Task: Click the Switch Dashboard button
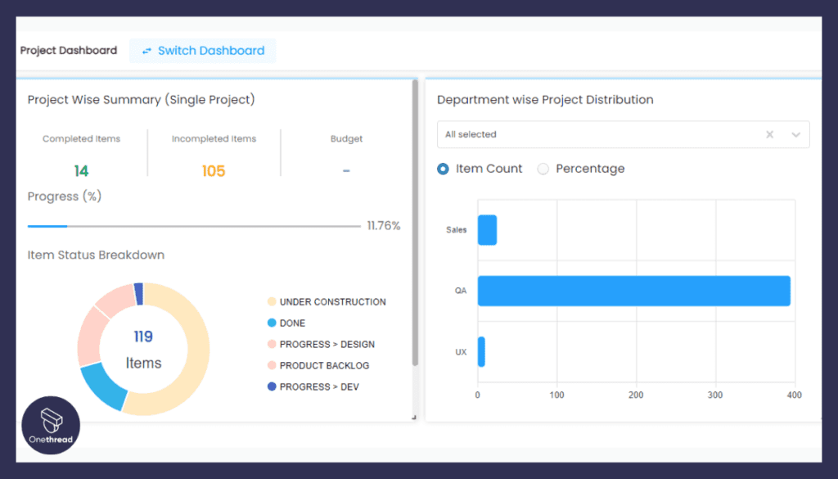pos(203,51)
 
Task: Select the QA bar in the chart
pos(634,291)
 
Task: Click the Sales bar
pos(488,230)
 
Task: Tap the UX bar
pos(481,352)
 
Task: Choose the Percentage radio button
pos(543,169)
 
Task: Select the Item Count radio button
pos(443,169)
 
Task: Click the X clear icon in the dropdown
pos(769,134)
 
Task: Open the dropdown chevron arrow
pos(795,135)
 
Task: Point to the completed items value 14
pos(81,171)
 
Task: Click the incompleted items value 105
pos(214,171)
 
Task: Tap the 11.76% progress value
pos(384,226)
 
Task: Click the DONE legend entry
pos(286,323)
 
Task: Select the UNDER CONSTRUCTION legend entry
pos(327,301)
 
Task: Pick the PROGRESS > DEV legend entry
pos(313,386)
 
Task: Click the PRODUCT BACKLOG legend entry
pos(318,366)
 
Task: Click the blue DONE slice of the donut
pos(103,386)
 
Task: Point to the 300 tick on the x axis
pos(715,395)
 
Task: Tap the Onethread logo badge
pos(51,426)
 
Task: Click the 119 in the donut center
pos(143,337)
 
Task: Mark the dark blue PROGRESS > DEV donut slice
pos(139,293)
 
